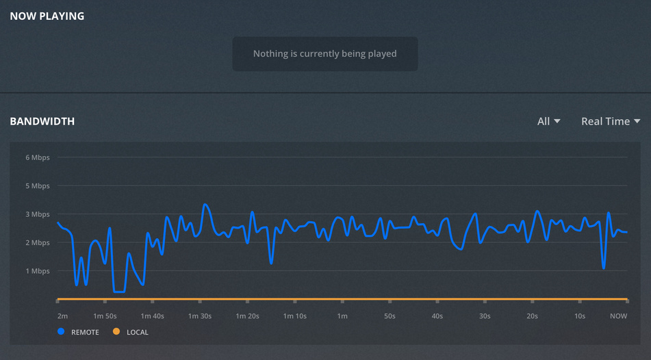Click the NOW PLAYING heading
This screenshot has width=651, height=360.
[x=47, y=16]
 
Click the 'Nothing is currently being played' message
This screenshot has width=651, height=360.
[x=324, y=53]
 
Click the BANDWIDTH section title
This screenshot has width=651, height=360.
[x=42, y=121]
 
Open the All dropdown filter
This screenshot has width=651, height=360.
[x=548, y=121]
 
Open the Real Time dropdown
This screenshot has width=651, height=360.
[x=611, y=121]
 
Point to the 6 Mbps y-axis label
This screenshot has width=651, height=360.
[x=38, y=157]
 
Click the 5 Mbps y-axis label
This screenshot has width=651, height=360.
[x=38, y=186]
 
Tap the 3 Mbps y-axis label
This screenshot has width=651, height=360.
[x=38, y=214]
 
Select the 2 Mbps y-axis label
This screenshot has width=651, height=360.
[x=38, y=243]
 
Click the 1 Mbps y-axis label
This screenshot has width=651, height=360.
[x=38, y=271]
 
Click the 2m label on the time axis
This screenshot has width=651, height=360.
[x=62, y=316]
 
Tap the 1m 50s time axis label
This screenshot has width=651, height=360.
[x=105, y=316]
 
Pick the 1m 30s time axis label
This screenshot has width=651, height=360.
[x=200, y=316]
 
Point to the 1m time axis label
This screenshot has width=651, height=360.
[x=342, y=316]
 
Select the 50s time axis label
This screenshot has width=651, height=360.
[x=390, y=316]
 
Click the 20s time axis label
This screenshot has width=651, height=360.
[x=532, y=316]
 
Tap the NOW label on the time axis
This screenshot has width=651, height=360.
[x=618, y=316]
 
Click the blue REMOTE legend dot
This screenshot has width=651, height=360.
[x=61, y=332]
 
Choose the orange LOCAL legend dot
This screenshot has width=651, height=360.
[x=116, y=332]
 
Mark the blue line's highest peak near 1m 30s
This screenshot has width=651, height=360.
[x=205, y=204]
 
